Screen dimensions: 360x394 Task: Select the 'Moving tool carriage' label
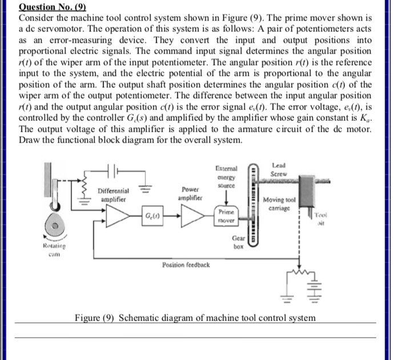click(279, 205)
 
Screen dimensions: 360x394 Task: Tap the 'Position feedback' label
click(186, 265)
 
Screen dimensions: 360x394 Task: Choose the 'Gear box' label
click(239, 243)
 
